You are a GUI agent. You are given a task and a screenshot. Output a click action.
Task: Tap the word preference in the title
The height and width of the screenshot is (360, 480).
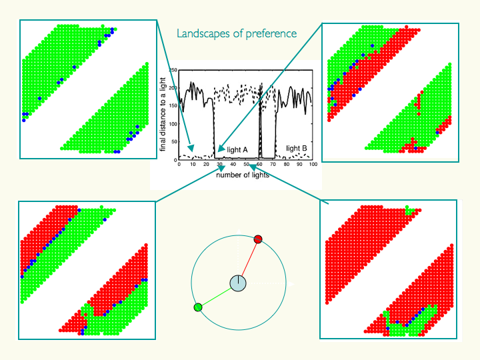[x=269, y=33]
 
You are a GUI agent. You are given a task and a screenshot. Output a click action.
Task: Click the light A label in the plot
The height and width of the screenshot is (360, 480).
[x=238, y=149]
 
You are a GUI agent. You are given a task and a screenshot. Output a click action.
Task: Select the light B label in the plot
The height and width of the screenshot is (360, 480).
[x=296, y=149]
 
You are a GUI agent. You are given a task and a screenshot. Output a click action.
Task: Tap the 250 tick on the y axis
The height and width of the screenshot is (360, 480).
[x=173, y=70]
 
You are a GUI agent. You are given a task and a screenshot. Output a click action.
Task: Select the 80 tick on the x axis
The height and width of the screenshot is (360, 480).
[x=286, y=165]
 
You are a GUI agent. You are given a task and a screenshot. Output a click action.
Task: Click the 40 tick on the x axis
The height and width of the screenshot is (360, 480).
[x=233, y=165]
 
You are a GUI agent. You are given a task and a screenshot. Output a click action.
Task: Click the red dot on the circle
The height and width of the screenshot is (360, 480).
[x=259, y=239]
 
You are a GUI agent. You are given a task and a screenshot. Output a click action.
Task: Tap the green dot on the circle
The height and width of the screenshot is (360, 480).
[x=197, y=307]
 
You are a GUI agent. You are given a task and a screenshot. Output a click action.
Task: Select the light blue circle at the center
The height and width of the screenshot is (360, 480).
[x=238, y=283]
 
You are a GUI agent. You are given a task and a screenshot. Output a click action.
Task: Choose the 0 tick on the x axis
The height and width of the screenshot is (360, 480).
[x=179, y=165]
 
